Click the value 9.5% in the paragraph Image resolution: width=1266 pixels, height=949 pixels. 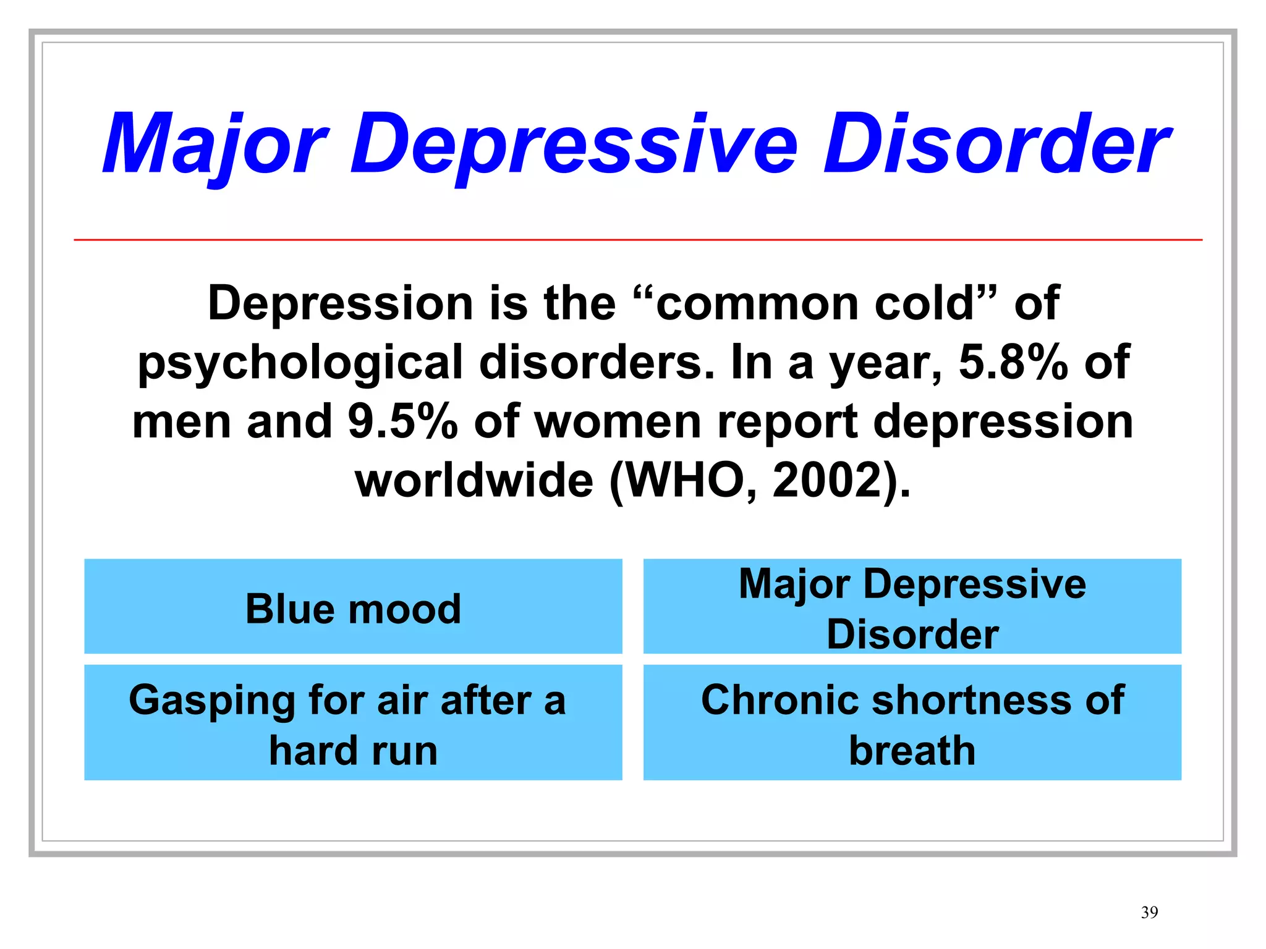[x=402, y=421]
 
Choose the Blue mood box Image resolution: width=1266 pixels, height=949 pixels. [x=353, y=606]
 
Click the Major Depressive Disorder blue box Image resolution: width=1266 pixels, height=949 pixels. [x=912, y=606]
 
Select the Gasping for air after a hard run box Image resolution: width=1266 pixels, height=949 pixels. [x=353, y=722]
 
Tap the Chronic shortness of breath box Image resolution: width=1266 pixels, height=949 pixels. [x=912, y=722]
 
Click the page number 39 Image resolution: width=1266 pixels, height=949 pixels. [x=1149, y=913]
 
